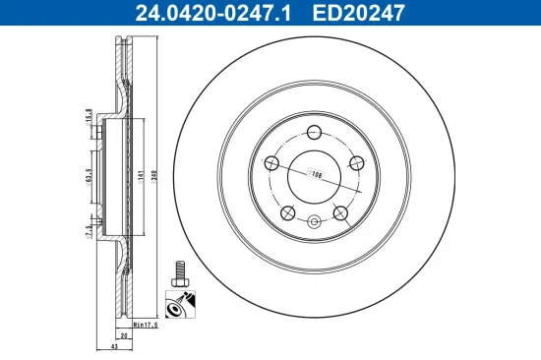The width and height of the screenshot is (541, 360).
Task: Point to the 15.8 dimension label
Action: (x=89, y=116)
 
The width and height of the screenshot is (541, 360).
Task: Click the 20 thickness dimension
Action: (x=125, y=334)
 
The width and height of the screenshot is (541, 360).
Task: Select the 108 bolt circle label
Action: (x=317, y=174)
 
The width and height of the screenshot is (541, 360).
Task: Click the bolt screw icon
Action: (x=180, y=272)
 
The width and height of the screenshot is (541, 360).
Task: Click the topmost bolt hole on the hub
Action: (x=314, y=134)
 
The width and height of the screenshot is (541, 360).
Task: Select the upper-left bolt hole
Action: (x=273, y=162)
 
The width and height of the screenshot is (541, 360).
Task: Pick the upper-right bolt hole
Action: (x=355, y=163)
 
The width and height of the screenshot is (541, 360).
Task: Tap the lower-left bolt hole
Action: (x=288, y=211)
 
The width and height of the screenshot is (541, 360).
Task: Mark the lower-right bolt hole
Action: (x=340, y=211)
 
